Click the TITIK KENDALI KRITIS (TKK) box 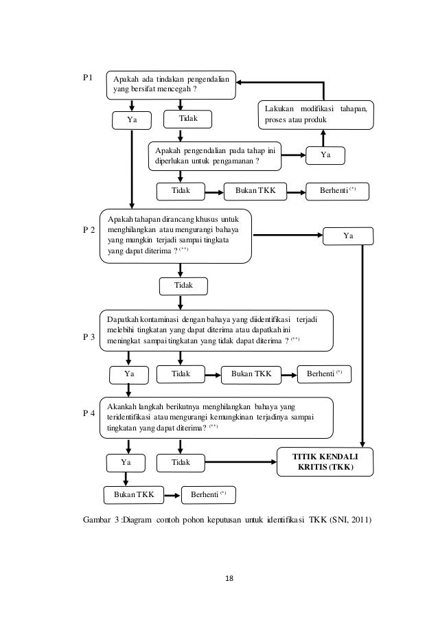325,462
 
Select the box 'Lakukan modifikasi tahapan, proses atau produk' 316,115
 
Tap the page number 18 229,579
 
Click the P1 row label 88,78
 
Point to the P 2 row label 89,230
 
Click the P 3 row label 89,337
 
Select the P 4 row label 89,413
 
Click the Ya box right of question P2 348,236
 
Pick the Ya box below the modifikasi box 325,155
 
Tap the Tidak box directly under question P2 183,286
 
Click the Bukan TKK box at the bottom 134,495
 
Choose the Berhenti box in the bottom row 208,495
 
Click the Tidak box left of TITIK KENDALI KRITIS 181,463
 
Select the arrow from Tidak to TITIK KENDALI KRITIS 241,462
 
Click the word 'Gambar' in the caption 97,520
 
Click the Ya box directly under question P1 132,120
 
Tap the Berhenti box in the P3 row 324,374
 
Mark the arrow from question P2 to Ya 288,236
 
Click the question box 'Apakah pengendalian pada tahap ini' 215,156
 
